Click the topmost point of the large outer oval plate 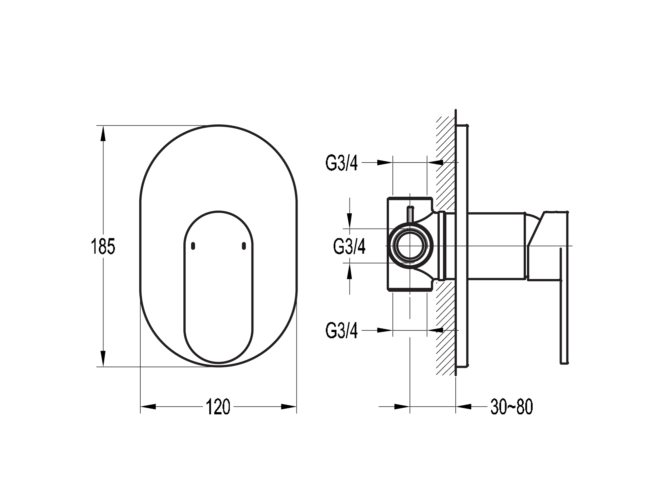point(218,125)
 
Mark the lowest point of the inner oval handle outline point(218,363)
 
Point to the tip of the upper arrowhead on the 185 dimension point(103,126)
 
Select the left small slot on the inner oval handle point(193,246)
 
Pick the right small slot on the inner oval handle point(244,246)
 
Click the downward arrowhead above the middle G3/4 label point(349,221)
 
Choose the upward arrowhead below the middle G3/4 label point(349,271)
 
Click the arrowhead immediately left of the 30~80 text point(464,407)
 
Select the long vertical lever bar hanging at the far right point(564,306)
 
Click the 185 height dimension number point(103,246)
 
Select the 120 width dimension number point(218,407)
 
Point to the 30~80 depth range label point(512,407)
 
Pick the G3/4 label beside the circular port point(349,246)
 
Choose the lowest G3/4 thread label point(342,330)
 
